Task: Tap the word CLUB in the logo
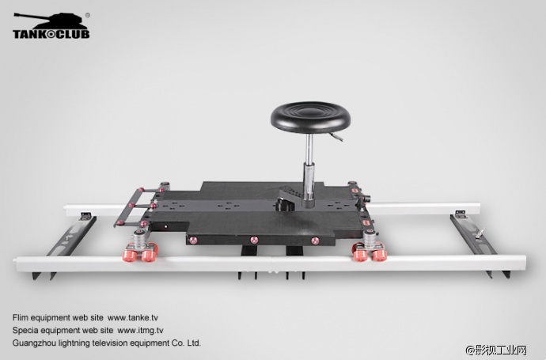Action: (73, 34)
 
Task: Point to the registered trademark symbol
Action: (87, 15)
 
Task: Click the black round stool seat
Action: (311, 117)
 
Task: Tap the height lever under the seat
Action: (336, 137)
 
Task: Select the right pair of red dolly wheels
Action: (370, 253)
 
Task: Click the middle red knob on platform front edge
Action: (254, 240)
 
